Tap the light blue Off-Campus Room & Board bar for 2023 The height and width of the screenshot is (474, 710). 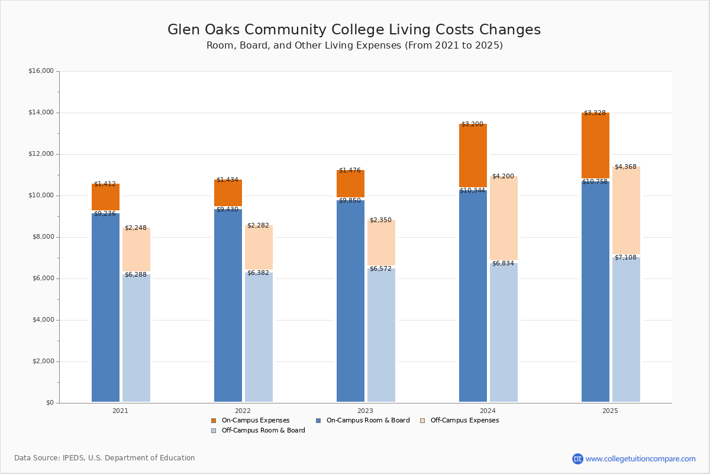(x=381, y=335)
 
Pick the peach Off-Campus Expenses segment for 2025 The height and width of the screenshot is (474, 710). (x=626, y=210)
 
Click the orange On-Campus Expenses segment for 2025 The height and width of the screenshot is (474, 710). (x=595, y=145)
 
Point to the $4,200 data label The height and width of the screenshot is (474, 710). (x=503, y=177)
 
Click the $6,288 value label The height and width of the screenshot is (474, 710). (x=135, y=275)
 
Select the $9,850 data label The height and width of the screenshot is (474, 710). (x=350, y=201)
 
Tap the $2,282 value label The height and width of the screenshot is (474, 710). (x=258, y=226)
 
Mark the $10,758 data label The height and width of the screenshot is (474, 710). (x=595, y=182)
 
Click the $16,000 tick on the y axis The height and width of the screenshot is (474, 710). (x=41, y=71)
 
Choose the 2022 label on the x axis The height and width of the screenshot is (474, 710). (x=243, y=411)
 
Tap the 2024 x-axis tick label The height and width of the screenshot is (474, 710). (x=488, y=411)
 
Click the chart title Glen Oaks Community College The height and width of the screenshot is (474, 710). (x=354, y=30)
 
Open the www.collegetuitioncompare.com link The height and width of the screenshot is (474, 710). (x=640, y=459)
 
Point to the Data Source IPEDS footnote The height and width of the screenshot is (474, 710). (x=105, y=458)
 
